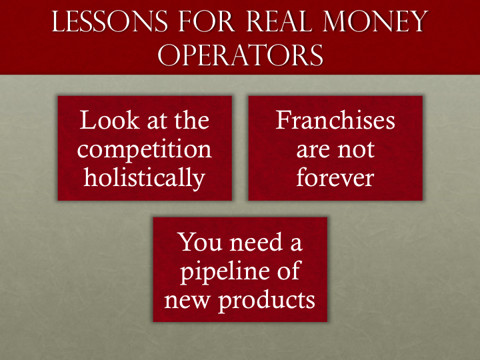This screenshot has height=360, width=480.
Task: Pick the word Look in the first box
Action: coord(103,121)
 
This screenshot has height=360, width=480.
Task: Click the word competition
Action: coord(145,149)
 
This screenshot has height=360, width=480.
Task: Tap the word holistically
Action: coord(145,177)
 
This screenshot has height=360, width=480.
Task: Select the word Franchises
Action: coord(335,121)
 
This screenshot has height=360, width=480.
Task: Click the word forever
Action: coord(335,177)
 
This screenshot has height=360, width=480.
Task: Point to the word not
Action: coord(355,149)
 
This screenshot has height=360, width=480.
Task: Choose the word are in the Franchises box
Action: coord(313,149)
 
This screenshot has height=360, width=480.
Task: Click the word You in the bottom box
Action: coord(200,242)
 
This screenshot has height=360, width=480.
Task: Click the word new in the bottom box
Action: coord(189,301)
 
